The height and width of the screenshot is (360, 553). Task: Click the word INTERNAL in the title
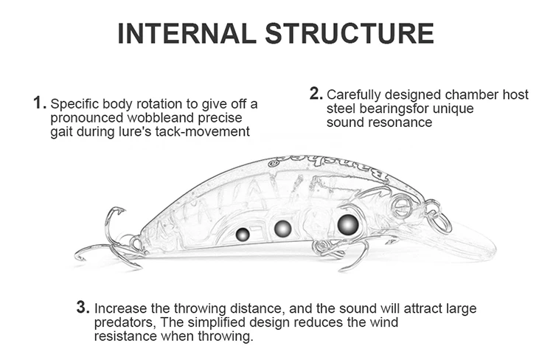pos(187,33)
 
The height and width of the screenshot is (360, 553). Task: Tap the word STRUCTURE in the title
pos(349,33)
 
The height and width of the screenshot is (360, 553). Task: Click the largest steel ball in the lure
pos(348,225)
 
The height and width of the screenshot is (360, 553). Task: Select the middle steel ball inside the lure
pos(282,229)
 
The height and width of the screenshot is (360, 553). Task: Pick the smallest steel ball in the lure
pos(243,235)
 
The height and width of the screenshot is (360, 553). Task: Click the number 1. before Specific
pos(40,103)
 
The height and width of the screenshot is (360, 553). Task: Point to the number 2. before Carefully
pos(316,94)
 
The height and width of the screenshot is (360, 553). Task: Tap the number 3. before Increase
pos(83,308)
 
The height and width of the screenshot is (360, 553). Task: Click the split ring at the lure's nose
pos(440,221)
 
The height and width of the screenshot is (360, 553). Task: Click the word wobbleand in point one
pos(161,117)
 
